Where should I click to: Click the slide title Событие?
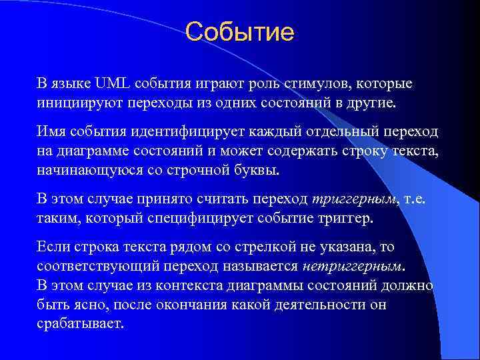pos(239,31)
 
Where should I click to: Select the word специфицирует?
pos(207,219)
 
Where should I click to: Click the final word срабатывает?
pos(80,324)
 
